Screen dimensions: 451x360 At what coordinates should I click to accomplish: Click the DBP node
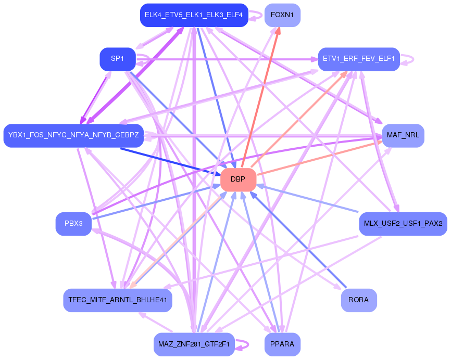(238, 179)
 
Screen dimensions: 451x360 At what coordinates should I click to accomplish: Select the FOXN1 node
(282, 15)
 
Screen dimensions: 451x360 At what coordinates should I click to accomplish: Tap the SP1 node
(118, 59)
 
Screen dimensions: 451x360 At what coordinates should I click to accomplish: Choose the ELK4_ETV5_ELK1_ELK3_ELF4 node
(194, 15)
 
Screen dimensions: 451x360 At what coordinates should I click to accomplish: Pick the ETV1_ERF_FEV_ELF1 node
(359, 59)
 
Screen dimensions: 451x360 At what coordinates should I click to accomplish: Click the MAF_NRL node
(403, 136)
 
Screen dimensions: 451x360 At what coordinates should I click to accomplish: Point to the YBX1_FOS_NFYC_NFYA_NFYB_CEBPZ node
(73, 136)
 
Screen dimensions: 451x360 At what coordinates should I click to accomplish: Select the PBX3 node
(73, 224)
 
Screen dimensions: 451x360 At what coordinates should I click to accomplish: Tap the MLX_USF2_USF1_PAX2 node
(403, 224)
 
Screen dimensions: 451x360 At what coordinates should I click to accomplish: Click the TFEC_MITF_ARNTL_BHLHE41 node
(118, 300)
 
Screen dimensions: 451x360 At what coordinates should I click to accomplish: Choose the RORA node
(359, 300)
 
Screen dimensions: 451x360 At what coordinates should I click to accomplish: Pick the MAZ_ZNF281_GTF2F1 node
(194, 344)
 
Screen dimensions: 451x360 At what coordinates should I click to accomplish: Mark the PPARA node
(282, 344)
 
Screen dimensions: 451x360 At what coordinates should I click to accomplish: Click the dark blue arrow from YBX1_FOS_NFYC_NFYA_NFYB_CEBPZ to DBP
(167, 161)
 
